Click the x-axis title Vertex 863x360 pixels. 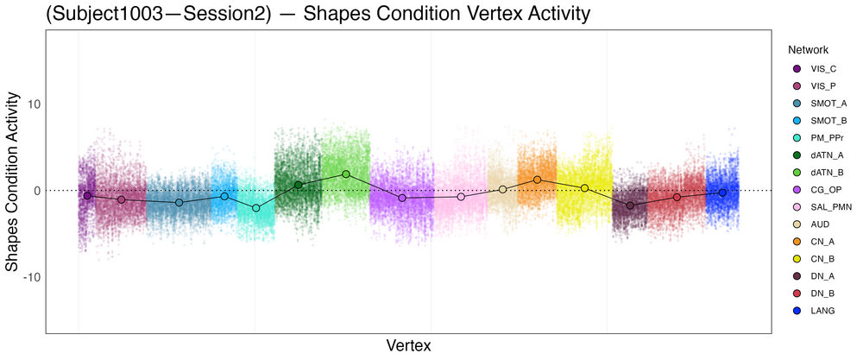pos(408,345)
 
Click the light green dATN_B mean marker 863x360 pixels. pos(346,174)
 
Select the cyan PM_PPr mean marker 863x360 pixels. pos(255,208)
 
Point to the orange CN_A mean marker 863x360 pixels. pos(537,180)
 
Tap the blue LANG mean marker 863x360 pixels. pos(722,193)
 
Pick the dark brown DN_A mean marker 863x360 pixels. pos(630,205)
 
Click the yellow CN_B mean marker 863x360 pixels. pos(584,188)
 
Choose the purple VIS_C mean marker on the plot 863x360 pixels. pos(87,195)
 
